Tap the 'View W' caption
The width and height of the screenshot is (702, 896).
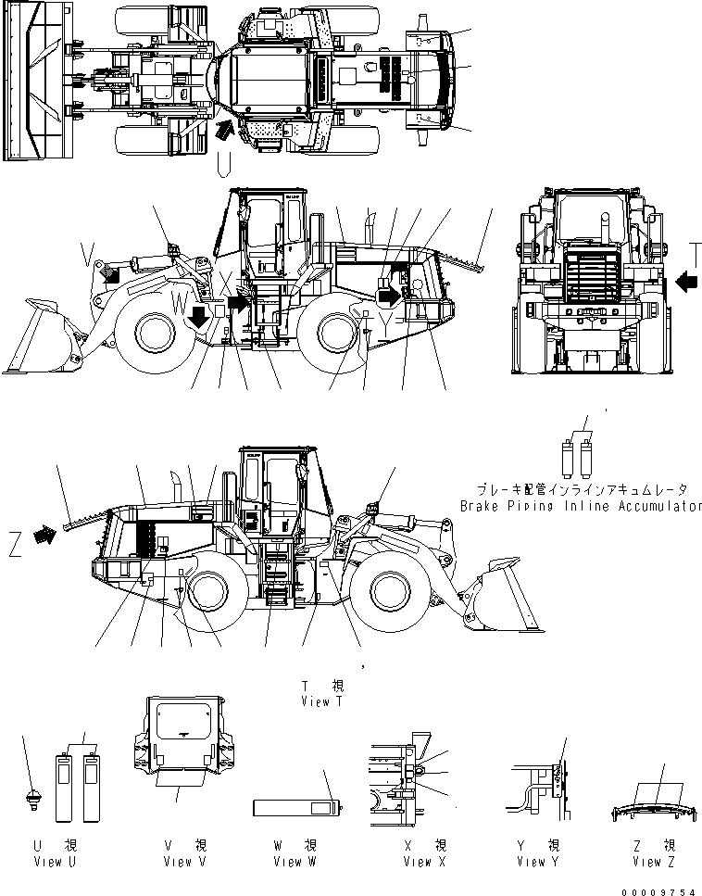(x=295, y=862)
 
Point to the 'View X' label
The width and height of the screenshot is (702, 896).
(x=424, y=862)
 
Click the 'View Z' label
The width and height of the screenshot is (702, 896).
(x=653, y=862)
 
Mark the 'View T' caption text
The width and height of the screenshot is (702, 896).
(x=322, y=702)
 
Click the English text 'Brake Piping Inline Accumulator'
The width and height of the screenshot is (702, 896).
(x=581, y=507)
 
